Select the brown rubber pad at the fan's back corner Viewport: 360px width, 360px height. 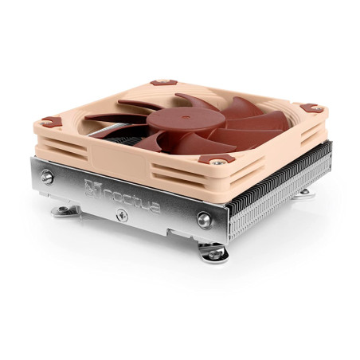click(165, 82)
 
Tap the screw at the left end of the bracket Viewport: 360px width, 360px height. click(48, 178)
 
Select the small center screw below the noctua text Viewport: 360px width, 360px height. click(121, 214)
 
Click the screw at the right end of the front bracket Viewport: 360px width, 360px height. click(205, 220)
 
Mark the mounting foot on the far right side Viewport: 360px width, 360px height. click(305, 192)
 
